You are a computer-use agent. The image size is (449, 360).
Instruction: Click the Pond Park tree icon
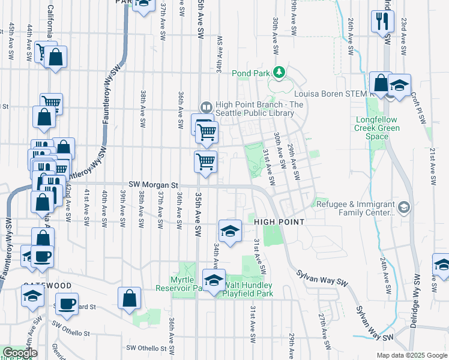coord(278,73)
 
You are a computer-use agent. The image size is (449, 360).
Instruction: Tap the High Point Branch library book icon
coord(206,107)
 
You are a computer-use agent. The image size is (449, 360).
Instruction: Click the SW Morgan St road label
coord(153,185)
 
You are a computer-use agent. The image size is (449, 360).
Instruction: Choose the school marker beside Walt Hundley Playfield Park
coord(214,280)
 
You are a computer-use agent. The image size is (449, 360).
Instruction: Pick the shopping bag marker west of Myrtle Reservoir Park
coord(129,298)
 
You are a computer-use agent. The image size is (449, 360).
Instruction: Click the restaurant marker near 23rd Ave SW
coord(382,22)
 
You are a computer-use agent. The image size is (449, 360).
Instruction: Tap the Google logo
coord(19,353)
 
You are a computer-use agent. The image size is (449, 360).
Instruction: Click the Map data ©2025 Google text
coord(411,355)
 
